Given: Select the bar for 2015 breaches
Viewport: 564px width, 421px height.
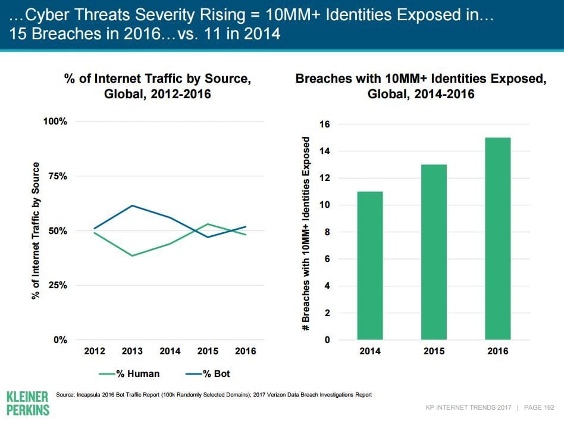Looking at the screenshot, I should coord(434,252).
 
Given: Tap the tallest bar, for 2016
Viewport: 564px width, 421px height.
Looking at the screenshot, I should coord(498,238).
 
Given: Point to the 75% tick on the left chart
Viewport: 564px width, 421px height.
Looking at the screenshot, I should coord(55,176).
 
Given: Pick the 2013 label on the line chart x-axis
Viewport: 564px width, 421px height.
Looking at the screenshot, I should coord(132,351).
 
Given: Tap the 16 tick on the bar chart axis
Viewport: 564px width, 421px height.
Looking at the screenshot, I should coord(325,124).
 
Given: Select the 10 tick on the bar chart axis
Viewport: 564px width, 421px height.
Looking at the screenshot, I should coord(325,205).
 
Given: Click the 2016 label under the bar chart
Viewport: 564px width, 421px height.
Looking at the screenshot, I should coord(498,351).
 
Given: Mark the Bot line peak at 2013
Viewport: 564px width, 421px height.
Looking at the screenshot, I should coord(132,205).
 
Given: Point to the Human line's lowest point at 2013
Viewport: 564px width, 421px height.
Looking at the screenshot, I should coord(132,255).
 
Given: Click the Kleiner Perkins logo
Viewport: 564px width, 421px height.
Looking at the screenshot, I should coord(27,403).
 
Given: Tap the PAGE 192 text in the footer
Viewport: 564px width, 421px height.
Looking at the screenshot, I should coord(539,407).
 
